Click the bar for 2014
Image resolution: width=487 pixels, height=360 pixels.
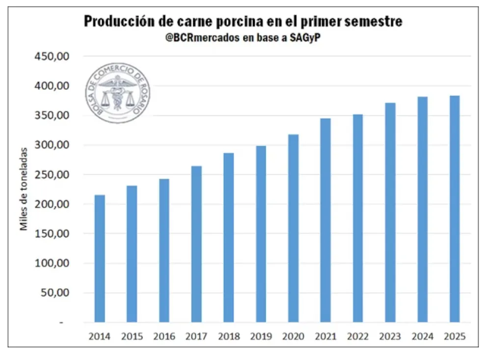tap(100, 258)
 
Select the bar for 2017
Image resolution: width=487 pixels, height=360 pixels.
tap(196, 244)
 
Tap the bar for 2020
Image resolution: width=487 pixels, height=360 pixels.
tap(293, 228)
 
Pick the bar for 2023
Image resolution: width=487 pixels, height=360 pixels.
tap(390, 212)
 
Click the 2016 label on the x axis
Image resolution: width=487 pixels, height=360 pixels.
tap(164, 337)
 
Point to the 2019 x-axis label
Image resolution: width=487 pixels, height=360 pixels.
tap(261, 337)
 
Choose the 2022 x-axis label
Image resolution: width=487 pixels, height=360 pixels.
tap(358, 337)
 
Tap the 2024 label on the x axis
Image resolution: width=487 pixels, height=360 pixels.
tap(423, 337)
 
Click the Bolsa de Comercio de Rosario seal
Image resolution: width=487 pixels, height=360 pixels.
tap(118, 94)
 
